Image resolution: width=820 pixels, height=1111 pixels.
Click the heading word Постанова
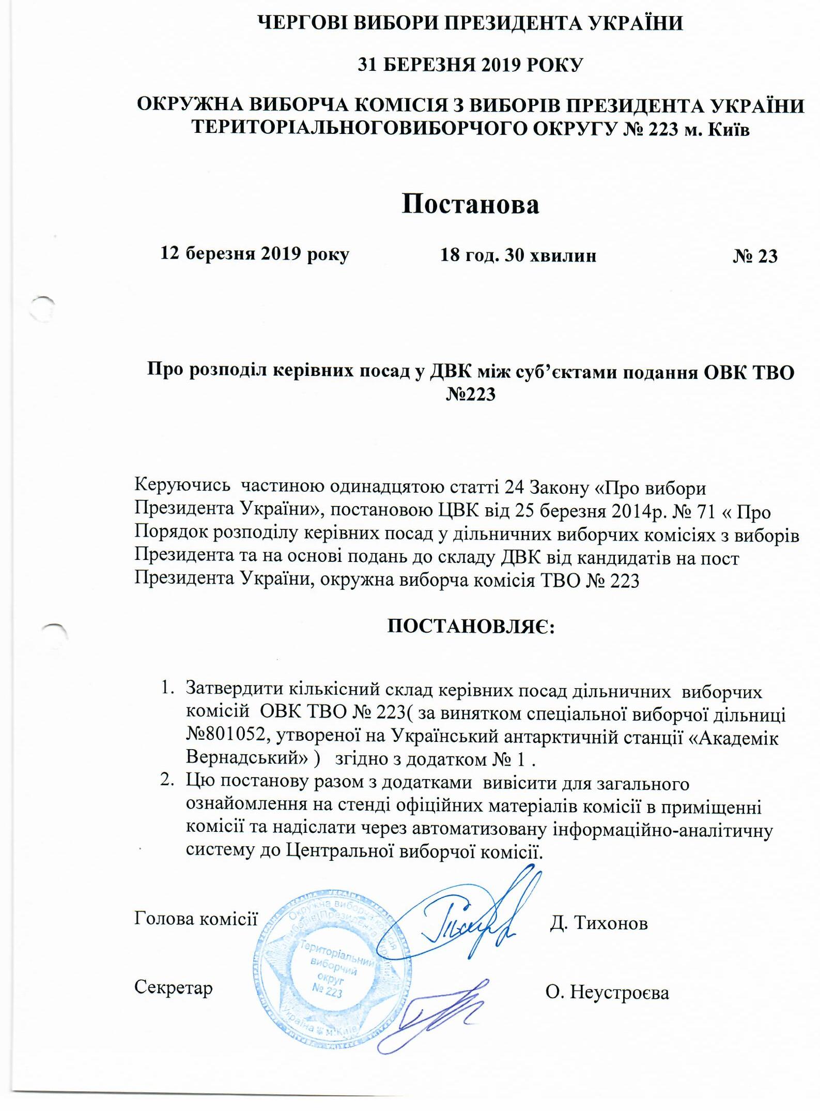[470, 204]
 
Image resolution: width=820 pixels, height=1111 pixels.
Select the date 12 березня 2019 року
[255, 253]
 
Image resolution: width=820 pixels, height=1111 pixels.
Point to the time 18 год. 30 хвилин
[518, 255]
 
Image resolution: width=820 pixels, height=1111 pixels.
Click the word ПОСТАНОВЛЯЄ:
[471, 627]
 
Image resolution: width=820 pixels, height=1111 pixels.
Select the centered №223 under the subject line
[470, 394]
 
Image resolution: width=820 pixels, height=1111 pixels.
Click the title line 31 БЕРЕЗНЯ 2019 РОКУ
[470, 65]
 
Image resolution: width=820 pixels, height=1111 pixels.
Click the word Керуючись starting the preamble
[182, 485]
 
